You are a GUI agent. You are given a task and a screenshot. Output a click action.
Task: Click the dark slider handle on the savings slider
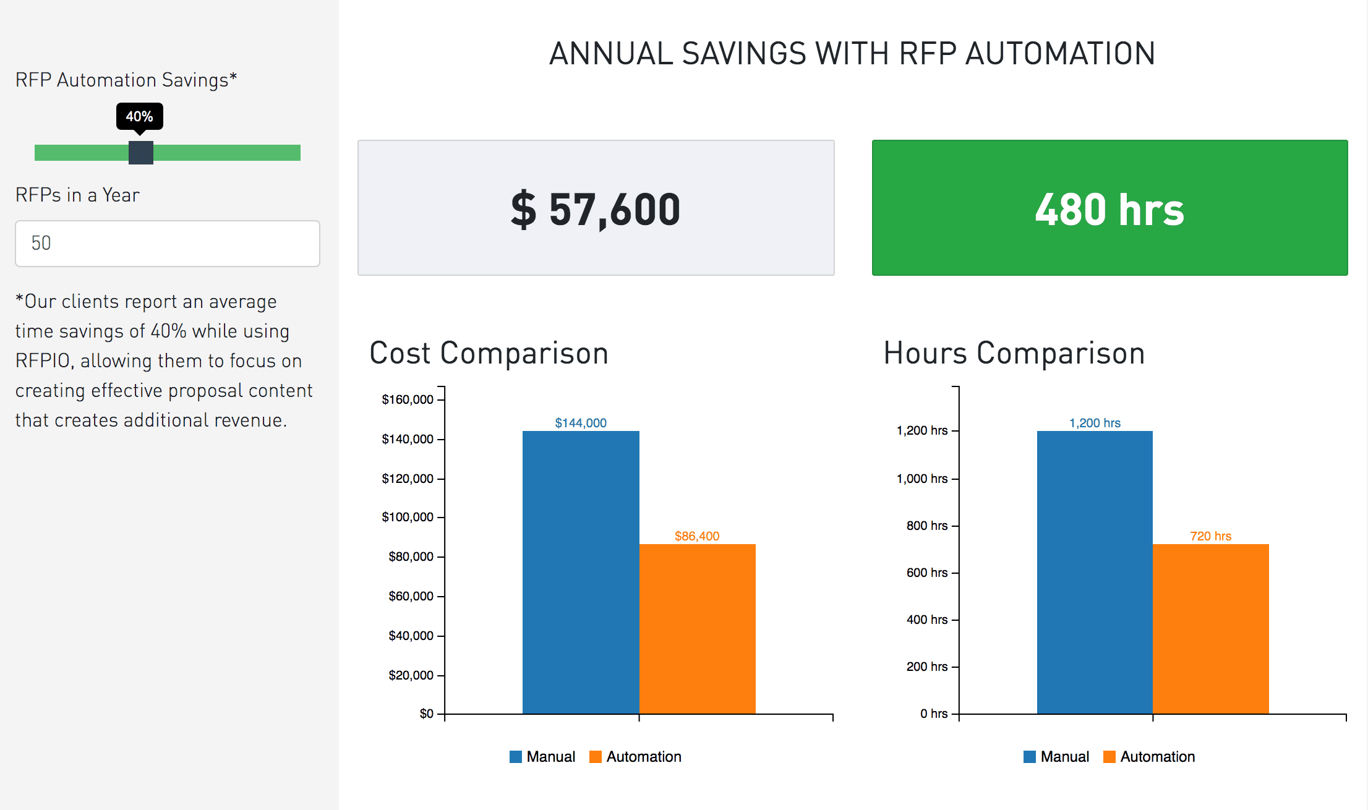point(141,153)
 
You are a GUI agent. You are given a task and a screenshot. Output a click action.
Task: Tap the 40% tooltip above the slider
point(140,116)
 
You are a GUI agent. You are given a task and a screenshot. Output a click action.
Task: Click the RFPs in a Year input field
point(167,244)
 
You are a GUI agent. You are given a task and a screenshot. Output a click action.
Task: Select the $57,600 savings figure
point(596,209)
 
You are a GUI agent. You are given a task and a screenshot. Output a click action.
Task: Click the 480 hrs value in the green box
point(1109,209)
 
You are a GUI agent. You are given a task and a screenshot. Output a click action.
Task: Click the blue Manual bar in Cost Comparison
point(581,572)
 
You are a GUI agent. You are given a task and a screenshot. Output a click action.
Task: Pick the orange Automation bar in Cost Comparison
point(697,629)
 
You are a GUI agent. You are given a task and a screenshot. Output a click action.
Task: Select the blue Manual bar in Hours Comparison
point(1095,572)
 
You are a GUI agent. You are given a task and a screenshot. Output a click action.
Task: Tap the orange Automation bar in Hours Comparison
point(1210,629)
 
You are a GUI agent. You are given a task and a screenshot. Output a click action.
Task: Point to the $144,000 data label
point(581,423)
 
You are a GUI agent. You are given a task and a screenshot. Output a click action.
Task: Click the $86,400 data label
point(697,536)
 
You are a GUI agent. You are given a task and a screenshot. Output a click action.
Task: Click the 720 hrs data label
point(1210,536)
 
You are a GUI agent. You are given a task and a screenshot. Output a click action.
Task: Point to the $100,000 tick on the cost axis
point(408,517)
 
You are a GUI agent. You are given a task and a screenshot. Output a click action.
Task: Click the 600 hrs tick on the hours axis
point(926,573)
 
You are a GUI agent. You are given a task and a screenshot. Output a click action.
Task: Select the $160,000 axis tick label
point(408,399)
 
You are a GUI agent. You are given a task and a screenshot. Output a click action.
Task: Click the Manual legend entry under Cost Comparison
point(543,757)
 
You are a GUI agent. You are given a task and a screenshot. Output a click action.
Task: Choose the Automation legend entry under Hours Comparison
point(1150,757)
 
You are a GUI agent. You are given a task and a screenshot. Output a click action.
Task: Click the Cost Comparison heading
point(489,353)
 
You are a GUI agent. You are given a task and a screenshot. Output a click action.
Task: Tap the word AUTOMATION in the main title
point(1060,53)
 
